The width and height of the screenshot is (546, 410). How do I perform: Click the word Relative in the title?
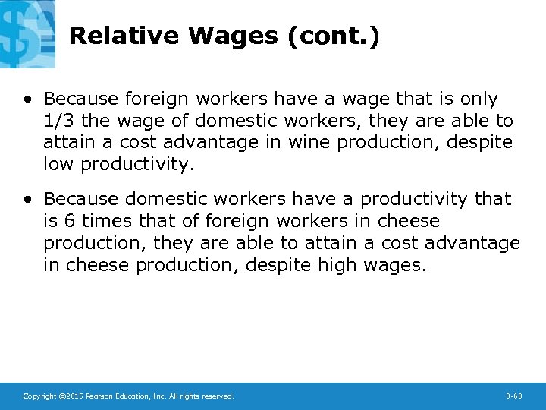124,36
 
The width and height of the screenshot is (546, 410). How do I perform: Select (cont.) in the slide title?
334,36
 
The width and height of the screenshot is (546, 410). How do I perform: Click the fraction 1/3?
59,121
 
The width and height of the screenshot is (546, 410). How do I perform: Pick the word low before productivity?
59,165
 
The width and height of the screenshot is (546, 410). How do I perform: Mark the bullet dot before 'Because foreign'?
27,99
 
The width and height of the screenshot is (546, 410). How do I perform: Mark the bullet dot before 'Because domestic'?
27,199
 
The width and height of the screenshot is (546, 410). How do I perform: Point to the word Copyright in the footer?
39,396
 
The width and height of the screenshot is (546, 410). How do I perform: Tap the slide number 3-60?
513,396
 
